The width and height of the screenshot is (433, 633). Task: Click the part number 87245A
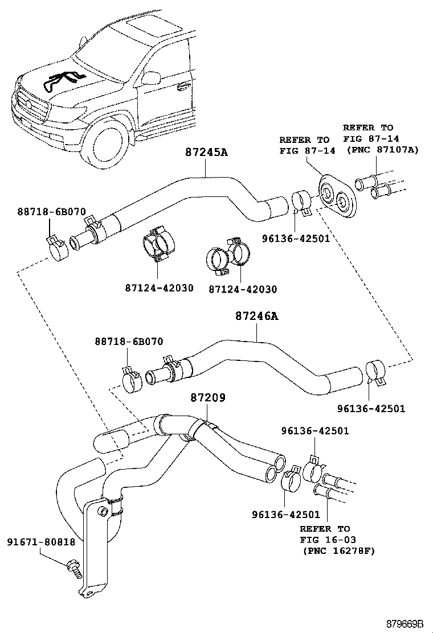pos(207,153)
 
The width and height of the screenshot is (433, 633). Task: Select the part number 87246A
pos(256,316)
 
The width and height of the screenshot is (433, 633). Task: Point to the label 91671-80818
pos(41,542)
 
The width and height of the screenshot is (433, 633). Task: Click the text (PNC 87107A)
pos(381,150)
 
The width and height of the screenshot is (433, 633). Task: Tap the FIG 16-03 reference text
pos(325,540)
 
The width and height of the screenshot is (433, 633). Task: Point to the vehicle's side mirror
pos(152,78)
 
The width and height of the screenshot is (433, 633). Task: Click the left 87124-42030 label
pos(159,288)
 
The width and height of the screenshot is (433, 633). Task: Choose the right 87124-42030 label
pos(242,289)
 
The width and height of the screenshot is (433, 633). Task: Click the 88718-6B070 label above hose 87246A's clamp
pos(129,342)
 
